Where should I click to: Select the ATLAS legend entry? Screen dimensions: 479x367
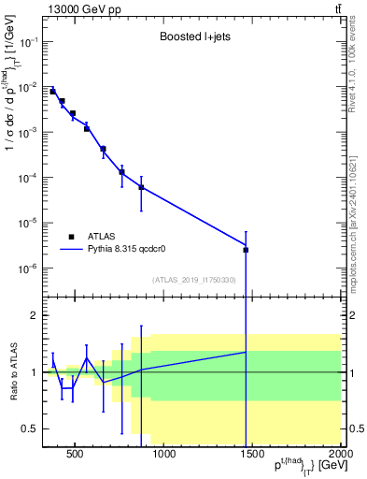pyautogui.click(x=83, y=237)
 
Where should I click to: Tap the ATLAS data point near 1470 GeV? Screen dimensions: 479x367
pyautogui.click(x=246, y=250)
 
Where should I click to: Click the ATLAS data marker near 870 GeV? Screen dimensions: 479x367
pyautogui.click(x=141, y=187)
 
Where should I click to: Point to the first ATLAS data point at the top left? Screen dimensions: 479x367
pyautogui.click(x=53, y=92)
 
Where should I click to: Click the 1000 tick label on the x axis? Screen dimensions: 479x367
pyautogui.click(x=164, y=456)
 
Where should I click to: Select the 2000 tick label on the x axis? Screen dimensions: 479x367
pyautogui.click(x=340, y=456)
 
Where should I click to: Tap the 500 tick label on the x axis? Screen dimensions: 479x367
pyautogui.click(x=76, y=456)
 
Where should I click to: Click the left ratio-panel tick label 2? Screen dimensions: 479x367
pyautogui.click(x=34, y=315)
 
